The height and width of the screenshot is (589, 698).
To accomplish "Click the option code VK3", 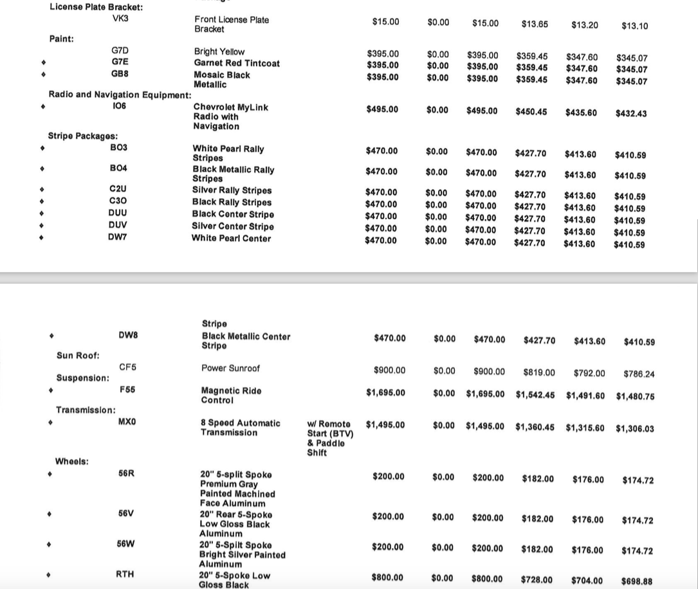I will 120,18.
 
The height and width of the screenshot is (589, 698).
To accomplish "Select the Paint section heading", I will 61,39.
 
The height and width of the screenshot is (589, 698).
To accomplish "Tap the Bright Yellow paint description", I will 219,51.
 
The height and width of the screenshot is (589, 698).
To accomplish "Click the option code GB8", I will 120,74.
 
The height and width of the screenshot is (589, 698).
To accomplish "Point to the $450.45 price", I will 531,112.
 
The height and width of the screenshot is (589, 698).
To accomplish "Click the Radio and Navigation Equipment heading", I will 120,95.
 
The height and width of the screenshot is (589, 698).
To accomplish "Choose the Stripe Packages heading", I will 83,136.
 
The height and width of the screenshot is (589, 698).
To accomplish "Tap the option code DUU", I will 118,213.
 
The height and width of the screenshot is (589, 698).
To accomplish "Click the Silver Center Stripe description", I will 232,226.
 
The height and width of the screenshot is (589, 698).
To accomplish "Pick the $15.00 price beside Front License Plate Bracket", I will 385,22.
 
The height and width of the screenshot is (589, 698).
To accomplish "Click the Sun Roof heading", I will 78,355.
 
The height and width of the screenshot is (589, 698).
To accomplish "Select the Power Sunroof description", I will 230,368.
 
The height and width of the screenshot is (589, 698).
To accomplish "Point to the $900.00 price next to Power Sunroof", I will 389,370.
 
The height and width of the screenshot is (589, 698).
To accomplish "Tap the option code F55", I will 127,390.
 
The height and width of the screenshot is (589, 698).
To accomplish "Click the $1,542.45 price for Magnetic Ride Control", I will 535,394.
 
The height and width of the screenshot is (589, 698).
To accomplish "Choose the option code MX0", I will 127,422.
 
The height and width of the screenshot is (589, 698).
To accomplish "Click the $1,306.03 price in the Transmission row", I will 634,428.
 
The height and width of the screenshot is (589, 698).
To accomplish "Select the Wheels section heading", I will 72,461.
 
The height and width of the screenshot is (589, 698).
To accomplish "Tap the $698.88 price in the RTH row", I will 637,581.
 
